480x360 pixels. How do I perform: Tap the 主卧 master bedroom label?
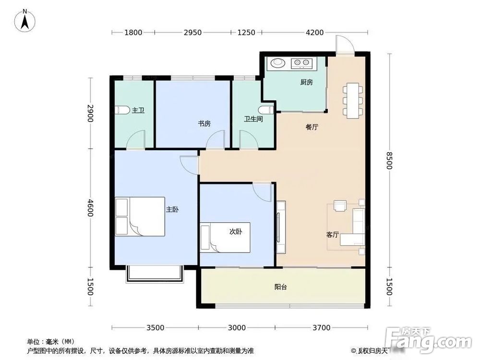click(x=172, y=209)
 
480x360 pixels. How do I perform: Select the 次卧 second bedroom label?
click(x=235, y=231)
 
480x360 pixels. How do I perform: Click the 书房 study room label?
click(x=204, y=123)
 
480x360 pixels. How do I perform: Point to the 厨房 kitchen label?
click(x=306, y=82)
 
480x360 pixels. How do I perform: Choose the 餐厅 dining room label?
click(x=312, y=127)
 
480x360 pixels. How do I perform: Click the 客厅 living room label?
click(x=333, y=235)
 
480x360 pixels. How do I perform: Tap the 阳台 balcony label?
click(x=281, y=287)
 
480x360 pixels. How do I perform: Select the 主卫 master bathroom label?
click(x=138, y=110)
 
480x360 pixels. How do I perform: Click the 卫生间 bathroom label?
click(x=253, y=119)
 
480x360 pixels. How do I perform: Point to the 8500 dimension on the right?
click(x=389, y=161)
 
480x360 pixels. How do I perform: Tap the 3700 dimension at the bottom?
click(x=321, y=328)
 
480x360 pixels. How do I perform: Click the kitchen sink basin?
click(x=278, y=62)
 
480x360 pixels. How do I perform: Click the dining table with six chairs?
click(x=352, y=100)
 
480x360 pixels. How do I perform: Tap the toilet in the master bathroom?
click(x=122, y=110)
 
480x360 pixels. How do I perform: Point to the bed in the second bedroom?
click(x=226, y=237)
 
